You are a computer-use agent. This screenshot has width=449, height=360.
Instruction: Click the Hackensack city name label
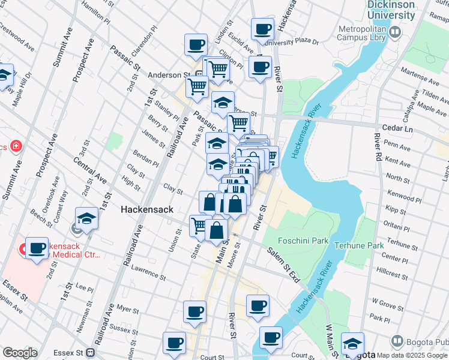coord(147,209)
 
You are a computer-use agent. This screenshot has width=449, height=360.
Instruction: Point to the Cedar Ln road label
coord(399,128)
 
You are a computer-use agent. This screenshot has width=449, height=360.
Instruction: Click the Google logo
coord(20,353)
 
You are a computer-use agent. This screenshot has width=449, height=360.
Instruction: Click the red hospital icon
coord(15,146)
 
